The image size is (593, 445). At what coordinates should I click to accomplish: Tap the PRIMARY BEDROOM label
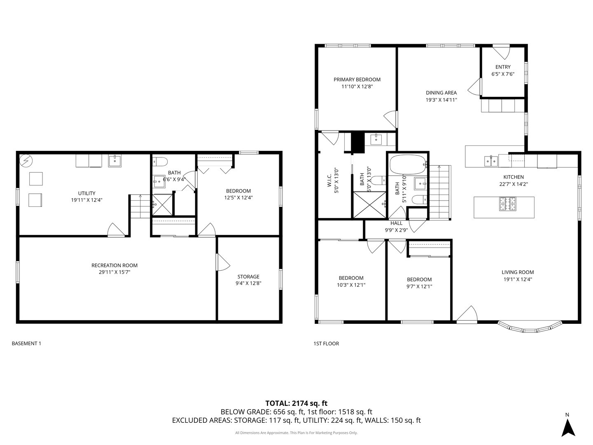[x=357, y=80]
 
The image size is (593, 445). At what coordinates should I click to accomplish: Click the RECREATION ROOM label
[x=114, y=265]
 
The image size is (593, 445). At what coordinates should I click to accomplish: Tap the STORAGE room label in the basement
[x=248, y=276]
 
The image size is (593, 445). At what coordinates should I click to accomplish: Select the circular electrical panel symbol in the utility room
[x=26, y=161]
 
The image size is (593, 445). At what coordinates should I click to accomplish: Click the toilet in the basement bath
[x=160, y=162]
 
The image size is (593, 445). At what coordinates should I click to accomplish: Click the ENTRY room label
[x=503, y=67]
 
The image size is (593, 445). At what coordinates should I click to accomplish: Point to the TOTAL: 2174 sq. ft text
[x=296, y=403]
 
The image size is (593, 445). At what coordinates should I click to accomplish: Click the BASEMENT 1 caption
[x=26, y=343]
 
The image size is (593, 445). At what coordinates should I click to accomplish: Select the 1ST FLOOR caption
[x=326, y=343]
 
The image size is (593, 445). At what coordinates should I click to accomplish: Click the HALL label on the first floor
[x=396, y=223]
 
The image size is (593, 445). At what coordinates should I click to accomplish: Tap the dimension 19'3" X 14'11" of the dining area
[x=441, y=100]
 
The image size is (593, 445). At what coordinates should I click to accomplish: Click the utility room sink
[x=115, y=161]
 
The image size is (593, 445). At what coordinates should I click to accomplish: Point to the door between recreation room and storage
[x=222, y=262]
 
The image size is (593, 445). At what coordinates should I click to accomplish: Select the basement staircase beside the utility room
[x=140, y=206]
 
